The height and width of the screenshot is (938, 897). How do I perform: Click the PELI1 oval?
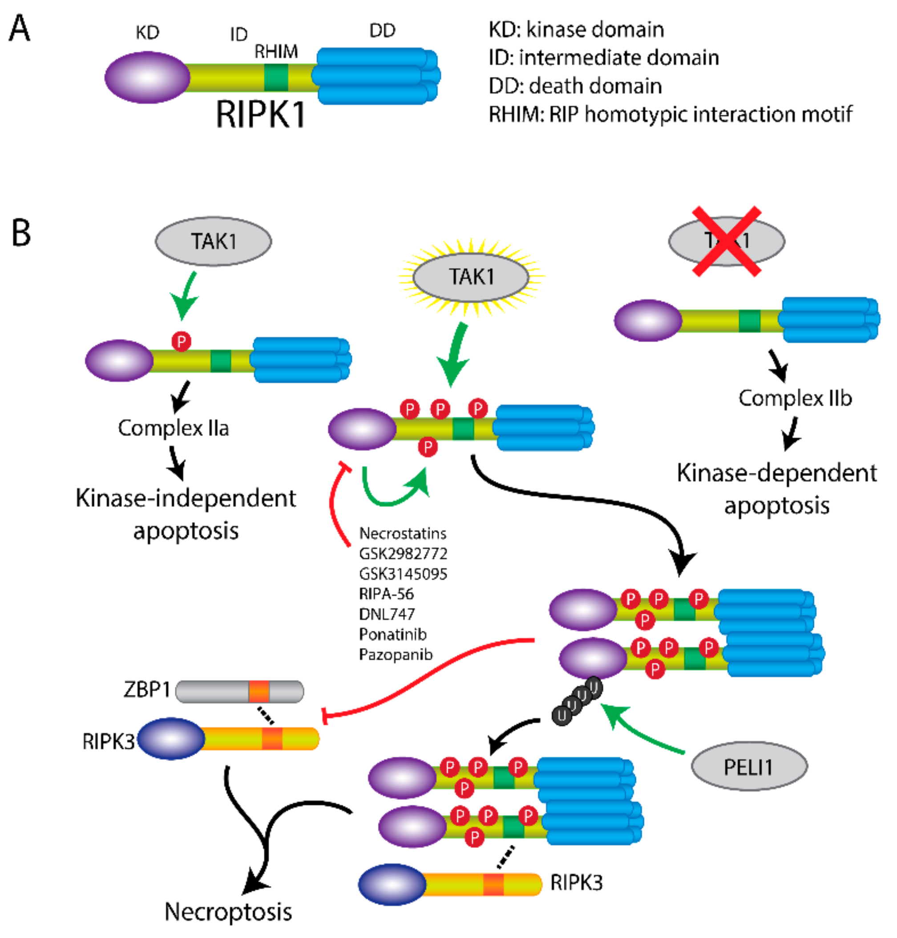pyautogui.click(x=749, y=766)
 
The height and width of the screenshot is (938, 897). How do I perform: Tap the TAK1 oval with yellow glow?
pyautogui.click(x=471, y=277)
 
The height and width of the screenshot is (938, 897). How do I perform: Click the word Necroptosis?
pyautogui.click(x=228, y=912)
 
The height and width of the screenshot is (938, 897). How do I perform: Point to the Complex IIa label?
pyautogui.click(x=174, y=428)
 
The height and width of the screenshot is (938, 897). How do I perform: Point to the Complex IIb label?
pyautogui.click(x=795, y=398)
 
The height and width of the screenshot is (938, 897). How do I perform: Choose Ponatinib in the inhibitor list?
pyautogui.click(x=392, y=634)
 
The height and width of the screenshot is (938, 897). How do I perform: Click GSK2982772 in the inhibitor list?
pyautogui.click(x=403, y=554)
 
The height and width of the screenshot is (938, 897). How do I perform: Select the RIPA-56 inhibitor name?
pyautogui.click(x=386, y=594)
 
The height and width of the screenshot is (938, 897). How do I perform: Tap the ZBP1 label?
pyautogui.click(x=146, y=689)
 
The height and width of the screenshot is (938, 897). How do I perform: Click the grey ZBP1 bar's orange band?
pyautogui.click(x=259, y=692)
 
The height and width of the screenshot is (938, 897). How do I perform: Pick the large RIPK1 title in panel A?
pyautogui.click(x=261, y=114)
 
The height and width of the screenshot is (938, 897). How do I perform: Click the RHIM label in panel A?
pyautogui.click(x=276, y=51)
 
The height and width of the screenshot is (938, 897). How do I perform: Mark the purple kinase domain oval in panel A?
pyautogui.click(x=147, y=77)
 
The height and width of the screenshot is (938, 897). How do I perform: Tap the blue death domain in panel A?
pyautogui.click(x=376, y=76)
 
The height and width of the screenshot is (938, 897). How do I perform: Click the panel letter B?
pyautogui.click(x=21, y=233)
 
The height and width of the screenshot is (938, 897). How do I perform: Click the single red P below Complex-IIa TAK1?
pyautogui.click(x=181, y=342)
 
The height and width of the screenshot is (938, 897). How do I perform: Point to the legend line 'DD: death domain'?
pyautogui.click(x=575, y=86)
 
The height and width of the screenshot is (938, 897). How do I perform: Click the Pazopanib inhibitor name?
pyautogui.click(x=396, y=654)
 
